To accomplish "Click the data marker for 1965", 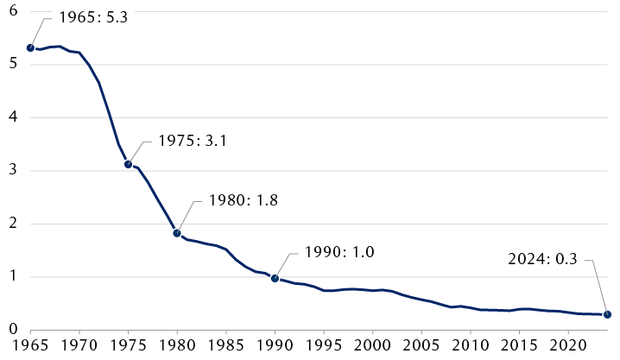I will (30, 48).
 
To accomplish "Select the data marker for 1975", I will (128, 164).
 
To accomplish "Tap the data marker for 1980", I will (177, 233).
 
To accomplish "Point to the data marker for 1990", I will (275, 278).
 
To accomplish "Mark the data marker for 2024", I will (607, 315).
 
